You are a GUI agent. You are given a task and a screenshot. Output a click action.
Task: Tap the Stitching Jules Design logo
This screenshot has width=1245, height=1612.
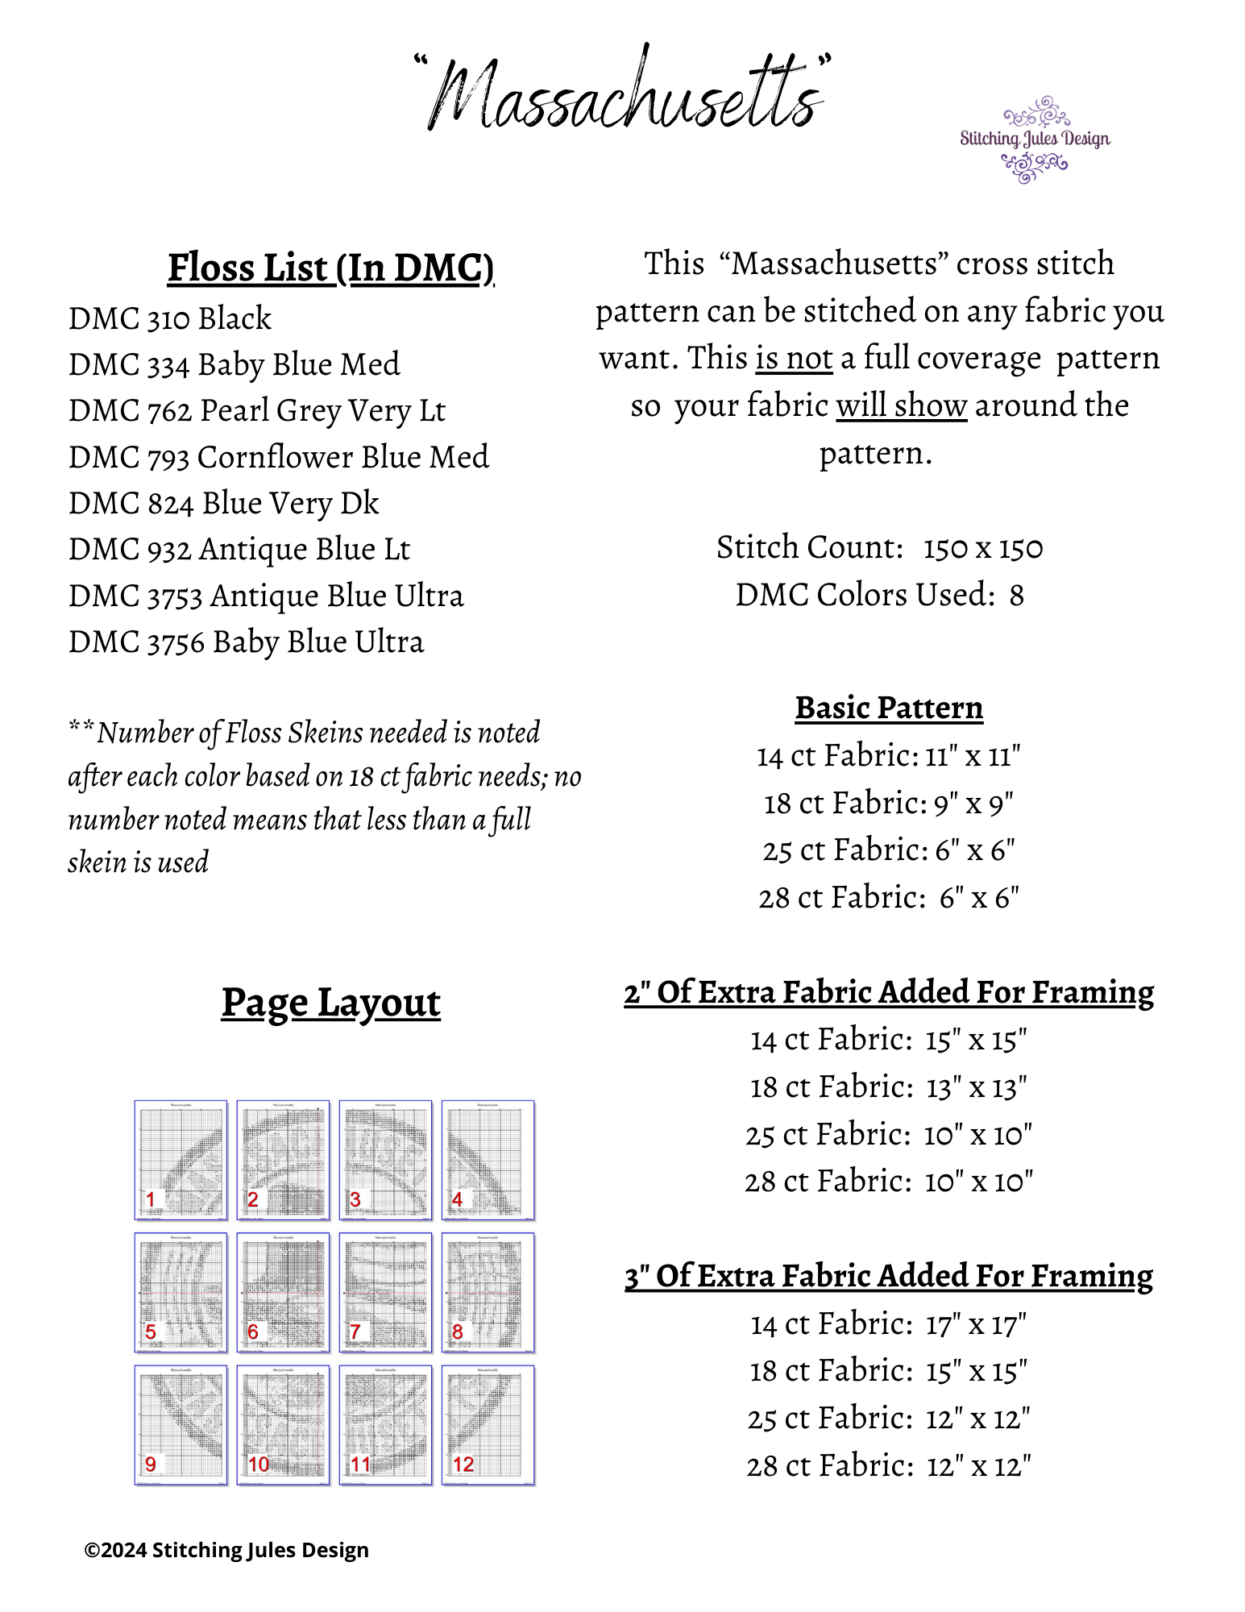coord(1035,139)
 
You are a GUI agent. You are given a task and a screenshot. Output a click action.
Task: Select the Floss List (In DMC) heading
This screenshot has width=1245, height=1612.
coord(330,268)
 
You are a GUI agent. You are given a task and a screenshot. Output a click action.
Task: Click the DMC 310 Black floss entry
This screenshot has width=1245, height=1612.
coord(170,318)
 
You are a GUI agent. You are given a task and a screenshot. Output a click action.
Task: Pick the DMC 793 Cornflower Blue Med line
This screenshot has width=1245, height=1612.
coord(279,457)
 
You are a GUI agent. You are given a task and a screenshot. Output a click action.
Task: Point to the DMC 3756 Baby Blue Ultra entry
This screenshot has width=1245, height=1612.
coord(246,642)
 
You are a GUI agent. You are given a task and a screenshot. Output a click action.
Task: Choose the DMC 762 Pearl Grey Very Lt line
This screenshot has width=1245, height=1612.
coord(257,411)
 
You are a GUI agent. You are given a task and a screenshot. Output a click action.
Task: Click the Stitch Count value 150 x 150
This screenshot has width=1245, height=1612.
coord(983,548)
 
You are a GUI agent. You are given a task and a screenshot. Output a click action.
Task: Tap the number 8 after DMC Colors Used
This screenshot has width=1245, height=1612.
coord(1017,596)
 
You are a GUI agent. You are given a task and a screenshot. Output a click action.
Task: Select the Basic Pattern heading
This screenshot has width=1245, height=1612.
coord(889,708)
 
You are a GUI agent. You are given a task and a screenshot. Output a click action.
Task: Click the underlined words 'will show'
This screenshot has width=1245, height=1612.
coord(901,405)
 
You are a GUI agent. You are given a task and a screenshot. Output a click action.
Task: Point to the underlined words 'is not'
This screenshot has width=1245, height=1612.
coord(794,359)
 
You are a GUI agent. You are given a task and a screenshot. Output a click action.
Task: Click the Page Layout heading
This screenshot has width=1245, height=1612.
coord(331,1003)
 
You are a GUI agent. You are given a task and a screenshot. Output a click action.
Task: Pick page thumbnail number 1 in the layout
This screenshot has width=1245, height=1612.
coord(181,1160)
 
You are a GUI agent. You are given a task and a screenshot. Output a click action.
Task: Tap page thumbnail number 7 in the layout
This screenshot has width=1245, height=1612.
coord(386,1292)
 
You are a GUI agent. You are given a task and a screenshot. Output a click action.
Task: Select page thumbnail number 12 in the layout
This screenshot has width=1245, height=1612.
coord(488,1425)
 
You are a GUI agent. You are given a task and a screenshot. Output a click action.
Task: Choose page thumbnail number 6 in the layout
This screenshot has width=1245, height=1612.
coord(284,1292)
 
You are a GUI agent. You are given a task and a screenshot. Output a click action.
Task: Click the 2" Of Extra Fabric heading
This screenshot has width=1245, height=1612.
coord(889,992)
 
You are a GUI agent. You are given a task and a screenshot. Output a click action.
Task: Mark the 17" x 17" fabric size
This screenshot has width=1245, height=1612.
coord(976,1324)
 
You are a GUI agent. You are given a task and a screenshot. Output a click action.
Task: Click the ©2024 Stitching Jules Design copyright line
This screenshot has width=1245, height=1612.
coord(226,1550)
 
